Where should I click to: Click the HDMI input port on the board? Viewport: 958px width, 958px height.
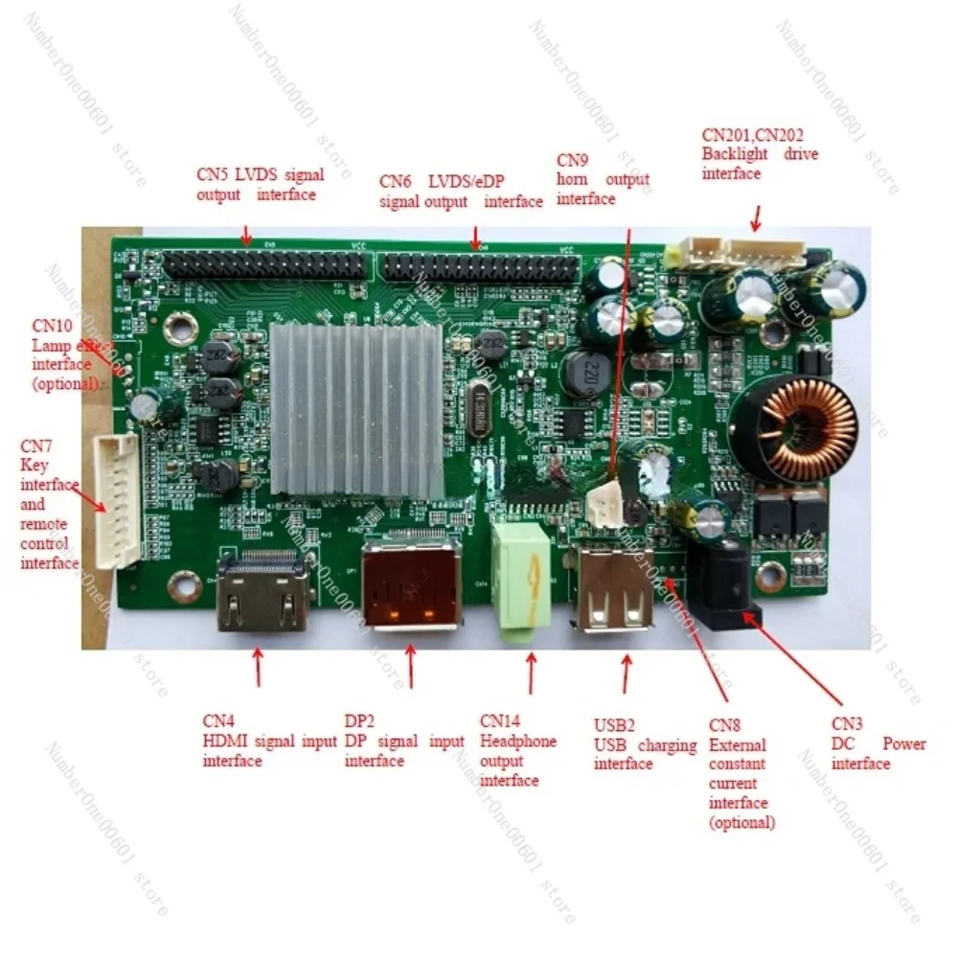click(263, 593)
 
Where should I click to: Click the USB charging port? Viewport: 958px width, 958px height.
click(616, 589)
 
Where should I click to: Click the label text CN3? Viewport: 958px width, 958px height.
click(847, 724)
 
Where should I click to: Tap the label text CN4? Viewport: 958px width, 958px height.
click(218, 721)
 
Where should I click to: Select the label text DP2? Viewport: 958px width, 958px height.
click(360, 721)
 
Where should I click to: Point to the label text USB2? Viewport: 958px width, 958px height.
click(614, 724)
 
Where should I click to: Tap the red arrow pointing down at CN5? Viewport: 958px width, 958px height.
click(246, 235)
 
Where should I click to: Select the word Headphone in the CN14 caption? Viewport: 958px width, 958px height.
click(517, 741)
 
